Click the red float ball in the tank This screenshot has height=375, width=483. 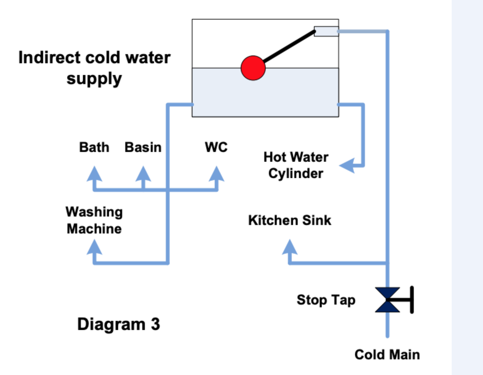point(253,68)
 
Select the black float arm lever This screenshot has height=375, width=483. point(289,46)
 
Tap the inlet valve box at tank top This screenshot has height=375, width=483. point(326,31)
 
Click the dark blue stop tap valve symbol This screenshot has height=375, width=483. point(388,300)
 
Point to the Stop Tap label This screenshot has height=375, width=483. point(326,300)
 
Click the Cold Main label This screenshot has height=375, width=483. point(387,354)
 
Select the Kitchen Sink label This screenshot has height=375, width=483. point(289,220)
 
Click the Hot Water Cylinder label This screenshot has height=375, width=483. point(296,165)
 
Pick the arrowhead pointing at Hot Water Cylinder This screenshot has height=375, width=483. point(347,165)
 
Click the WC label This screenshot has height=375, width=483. point(216,147)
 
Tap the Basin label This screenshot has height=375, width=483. point(143,147)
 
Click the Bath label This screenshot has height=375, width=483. point(94,147)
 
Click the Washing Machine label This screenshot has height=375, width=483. point(94,220)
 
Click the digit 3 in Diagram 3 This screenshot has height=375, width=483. point(155,324)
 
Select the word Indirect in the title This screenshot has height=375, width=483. point(49,58)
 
